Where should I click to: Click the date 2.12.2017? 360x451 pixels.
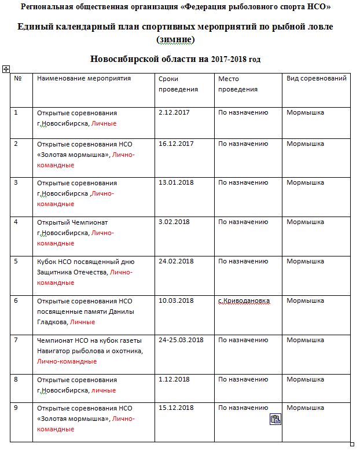pyautogui.click(x=174, y=113)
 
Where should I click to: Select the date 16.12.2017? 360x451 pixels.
pyautogui.click(x=176, y=144)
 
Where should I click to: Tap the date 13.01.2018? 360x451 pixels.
pyautogui.click(x=176, y=183)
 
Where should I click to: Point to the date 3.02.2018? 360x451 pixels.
pyautogui.click(x=174, y=222)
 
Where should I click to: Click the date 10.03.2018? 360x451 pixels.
pyautogui.click(x=176, y=301)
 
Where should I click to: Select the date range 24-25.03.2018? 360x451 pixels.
pyautogui.click(x=181, y=340)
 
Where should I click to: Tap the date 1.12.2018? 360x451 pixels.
pyautogui.click(x=174, y=380)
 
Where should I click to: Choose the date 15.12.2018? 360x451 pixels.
pyautogui.click(x=176, y=408)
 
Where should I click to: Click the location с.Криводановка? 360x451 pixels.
pyautogui.click(x=244, y=301)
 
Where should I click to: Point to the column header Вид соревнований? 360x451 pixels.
pyautogui.click(x=316, y=79)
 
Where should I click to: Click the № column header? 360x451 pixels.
pyautogui.click(x=18, y=79)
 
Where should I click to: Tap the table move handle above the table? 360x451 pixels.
pyautogui.click(x=6, y=69)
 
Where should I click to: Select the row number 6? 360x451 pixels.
pyautogui.click(x=16, y=301)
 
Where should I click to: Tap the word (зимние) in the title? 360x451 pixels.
pyautogui.click(x=175, y=39)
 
